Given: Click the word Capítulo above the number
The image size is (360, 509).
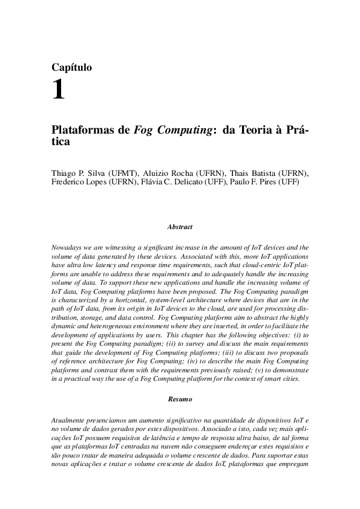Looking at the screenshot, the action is pos(72,68).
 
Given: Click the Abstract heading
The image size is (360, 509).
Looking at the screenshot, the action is pos(180,227).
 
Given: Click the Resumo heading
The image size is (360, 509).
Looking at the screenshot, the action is pos(180,400).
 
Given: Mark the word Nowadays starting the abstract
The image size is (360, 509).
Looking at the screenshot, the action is pos(68,247).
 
